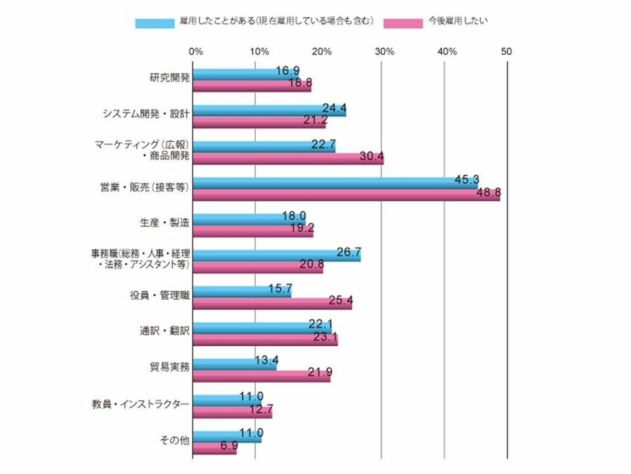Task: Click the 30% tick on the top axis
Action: coord(384,51)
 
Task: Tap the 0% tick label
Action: coord(196,51)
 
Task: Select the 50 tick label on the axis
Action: coord(507,51)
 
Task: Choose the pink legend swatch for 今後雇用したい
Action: coord(406,22)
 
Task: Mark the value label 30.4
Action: coord(369,157)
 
